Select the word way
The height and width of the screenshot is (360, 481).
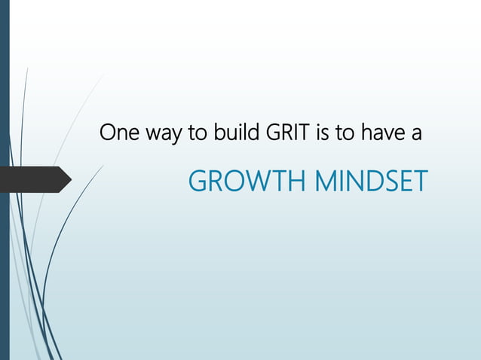click(x=160, y=136)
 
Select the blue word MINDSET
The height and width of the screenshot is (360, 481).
click(x=369, y=181)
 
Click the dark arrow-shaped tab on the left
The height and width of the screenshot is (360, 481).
click(x=34, y=179)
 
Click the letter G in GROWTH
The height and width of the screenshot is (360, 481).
click(x=196, y=181)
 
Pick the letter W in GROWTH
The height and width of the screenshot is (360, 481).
click(x=253, y=181)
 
